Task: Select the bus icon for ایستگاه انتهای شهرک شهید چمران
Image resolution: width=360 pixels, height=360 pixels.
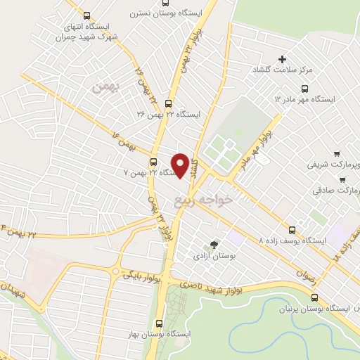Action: point(86,15)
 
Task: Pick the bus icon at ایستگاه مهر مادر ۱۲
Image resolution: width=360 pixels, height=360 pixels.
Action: point(304,89)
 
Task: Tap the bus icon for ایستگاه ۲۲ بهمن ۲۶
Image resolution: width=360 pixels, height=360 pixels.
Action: point(168,102)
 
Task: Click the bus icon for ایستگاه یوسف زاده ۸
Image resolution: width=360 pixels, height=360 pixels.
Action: point(292,229)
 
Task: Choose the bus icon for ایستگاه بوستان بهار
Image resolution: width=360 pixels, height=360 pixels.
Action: point(157,323)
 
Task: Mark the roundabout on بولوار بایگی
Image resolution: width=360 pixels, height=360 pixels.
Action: point(115,271)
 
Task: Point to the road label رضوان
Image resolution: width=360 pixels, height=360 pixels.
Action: point(306,277)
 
